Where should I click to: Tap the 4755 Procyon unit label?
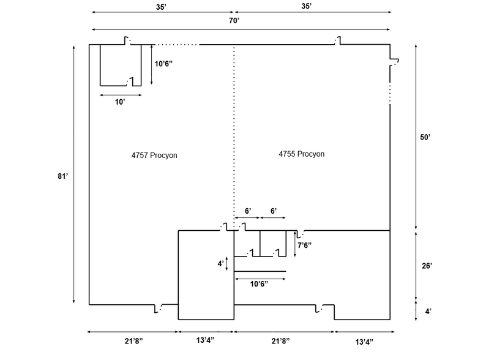click(299, 154)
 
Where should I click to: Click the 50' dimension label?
click(426, 138)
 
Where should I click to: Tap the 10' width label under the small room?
click(121, 102)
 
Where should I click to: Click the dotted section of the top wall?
click(177, 45)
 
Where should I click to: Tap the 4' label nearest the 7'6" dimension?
click(220, 264)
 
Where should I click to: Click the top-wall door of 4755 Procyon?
click(337, 42)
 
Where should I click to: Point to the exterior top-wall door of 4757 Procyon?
click(127, 42)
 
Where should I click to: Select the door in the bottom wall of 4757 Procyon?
click(159, 308)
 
